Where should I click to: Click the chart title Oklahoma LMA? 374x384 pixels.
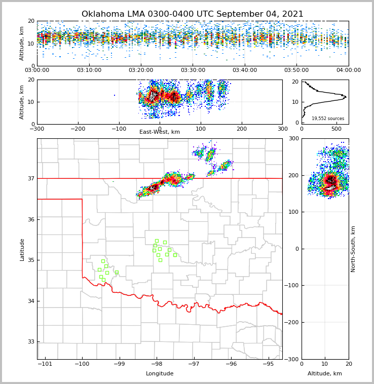(x=193, y=14)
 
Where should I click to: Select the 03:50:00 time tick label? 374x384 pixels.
(x=296, y=70)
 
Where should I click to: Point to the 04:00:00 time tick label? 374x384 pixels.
(x=349, y=70)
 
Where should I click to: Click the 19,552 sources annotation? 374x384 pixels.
(x=328, y=119)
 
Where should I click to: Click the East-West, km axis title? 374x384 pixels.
(x=160, y=132)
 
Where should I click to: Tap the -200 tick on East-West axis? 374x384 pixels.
(x=78, y=129)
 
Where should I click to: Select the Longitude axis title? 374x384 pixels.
(x=160, y=374)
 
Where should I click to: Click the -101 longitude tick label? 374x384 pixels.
(x=45, y=364)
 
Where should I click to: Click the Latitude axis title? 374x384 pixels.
(x=22, y=249)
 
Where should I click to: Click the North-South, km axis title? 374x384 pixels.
(x=353, y=249)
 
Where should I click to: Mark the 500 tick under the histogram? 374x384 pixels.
(x=336, y=129)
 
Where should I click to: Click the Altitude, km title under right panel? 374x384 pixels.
(x=325, y=374)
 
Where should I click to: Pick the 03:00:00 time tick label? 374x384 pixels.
(x=37, y=70)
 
